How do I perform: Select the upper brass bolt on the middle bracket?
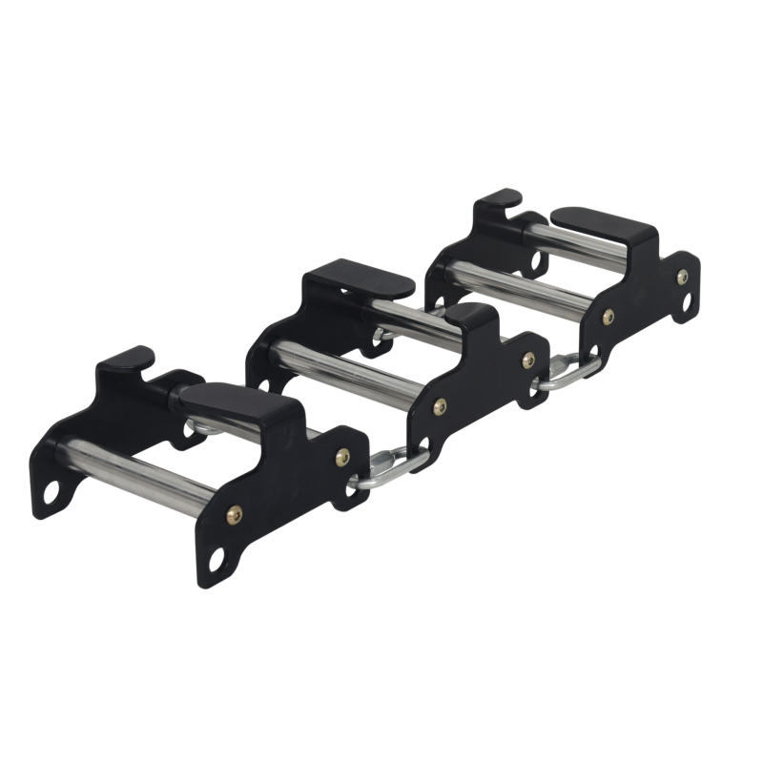527,361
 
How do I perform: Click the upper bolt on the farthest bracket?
681,278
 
